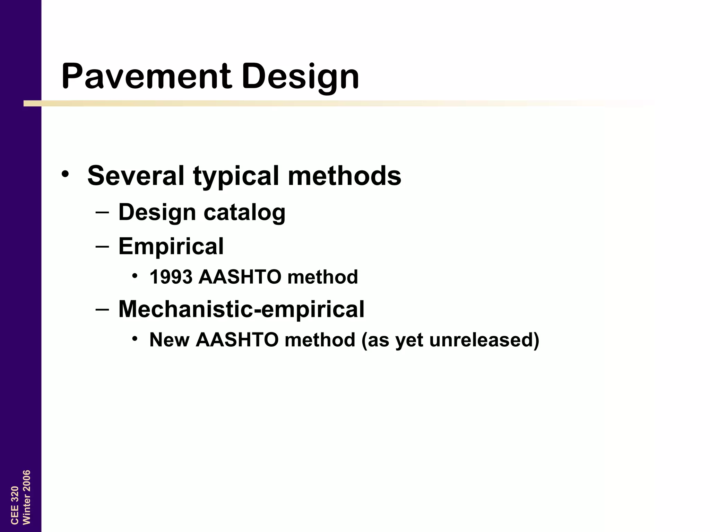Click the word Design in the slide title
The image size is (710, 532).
[x=300, y=77]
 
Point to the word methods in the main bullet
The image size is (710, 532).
[x=344, y=176]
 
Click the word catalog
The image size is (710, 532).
[x=244, y=212]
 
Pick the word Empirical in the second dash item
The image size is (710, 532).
[x=171, y=246]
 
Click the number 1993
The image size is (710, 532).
[x=171, y=277]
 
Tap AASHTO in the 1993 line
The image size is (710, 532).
[x=240, y=277]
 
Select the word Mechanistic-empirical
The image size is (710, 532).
[x=241, y=309]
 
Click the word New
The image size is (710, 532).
[x=169, y=340]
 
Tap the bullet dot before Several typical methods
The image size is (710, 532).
[x=65, y=174]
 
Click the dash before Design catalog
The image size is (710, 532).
[x=102, y=212]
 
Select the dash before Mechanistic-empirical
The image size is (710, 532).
[x=102, y=309]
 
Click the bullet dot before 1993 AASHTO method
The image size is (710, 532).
[x=135, y=276]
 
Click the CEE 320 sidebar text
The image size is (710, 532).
[x=15, y=505]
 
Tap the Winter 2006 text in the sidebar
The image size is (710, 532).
[x=27, y=497]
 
